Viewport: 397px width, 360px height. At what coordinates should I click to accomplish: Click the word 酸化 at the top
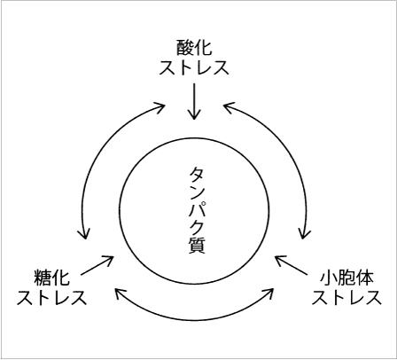point(194,48)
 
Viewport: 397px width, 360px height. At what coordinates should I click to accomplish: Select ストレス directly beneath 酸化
point(194,67)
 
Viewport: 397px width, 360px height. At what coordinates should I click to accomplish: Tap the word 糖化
point(51,278)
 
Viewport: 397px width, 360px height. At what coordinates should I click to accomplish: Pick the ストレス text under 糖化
point(51,297)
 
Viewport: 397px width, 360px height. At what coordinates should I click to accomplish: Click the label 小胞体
point(346,278)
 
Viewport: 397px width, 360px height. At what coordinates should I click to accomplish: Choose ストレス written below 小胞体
point(346,297)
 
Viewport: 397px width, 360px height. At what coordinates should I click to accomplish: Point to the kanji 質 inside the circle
point(197,245)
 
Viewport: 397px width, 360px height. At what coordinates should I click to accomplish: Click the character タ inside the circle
point(197,176)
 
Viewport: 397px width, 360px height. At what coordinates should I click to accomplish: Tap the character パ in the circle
point(197,210)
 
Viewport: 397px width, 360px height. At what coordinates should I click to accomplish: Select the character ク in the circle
point(197,227)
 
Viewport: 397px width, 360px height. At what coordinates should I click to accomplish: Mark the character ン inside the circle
point(197,192)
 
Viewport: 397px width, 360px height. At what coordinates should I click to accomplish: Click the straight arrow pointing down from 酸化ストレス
point(194,101)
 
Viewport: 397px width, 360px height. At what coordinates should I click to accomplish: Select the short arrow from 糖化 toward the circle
point(97,265)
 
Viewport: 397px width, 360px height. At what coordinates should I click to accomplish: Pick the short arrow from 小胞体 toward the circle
point(292,265)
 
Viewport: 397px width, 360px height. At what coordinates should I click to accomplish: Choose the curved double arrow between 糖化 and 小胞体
point(194,320)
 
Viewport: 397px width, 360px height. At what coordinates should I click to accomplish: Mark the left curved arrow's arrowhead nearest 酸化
point(160,106)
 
